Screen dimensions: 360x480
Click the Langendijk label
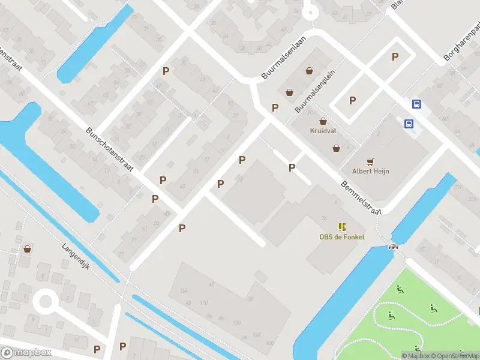[x=76, y=256]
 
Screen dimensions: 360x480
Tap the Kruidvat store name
[x=323, y=130]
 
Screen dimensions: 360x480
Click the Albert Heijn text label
[x=370, y=171]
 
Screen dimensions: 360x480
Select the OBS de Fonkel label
[x=341, y=236]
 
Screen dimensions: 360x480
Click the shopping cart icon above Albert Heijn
[x=370, y=161]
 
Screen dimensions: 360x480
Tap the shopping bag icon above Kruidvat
[x=323, y=121]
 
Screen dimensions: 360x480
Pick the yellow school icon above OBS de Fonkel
[x=341, y=226]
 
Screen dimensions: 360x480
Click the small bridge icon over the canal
[x=394, y=245]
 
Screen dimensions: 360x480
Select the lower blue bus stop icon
[x=409, y=124]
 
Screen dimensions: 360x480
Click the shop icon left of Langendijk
[x=27, y=248]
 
